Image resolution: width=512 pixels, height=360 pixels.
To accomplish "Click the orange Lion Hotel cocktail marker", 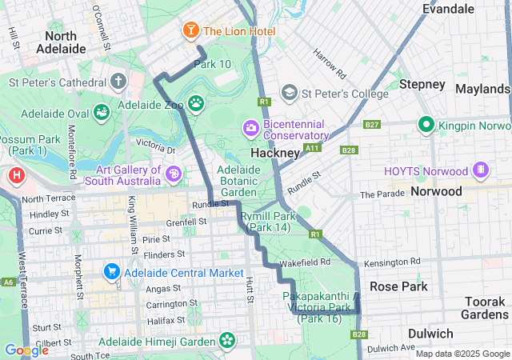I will click(191, 31).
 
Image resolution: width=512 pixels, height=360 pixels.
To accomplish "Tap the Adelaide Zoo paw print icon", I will click(196, 103).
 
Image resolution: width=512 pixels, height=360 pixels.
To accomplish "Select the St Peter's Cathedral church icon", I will click(118, 82).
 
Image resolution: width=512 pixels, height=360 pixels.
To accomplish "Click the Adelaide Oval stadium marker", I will click(101, 112).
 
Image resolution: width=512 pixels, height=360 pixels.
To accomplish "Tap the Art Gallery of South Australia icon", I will click(174, 173).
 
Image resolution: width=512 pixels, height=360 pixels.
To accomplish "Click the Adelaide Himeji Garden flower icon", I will click(228, 341).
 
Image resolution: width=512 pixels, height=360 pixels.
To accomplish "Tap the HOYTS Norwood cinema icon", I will click(481, 170).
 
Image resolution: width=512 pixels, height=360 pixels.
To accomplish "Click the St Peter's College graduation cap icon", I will click(290, 94).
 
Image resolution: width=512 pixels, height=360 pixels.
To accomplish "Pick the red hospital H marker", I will click(16, 175).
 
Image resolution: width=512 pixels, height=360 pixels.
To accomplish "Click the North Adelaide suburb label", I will click(61, 42).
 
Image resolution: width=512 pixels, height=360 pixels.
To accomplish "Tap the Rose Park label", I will click(398, 286).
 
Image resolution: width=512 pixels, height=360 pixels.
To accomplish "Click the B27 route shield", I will click(371, 125).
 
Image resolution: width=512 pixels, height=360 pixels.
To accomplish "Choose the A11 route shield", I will click(312, 148).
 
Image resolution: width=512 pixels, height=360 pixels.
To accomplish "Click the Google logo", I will click(26, 350).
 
